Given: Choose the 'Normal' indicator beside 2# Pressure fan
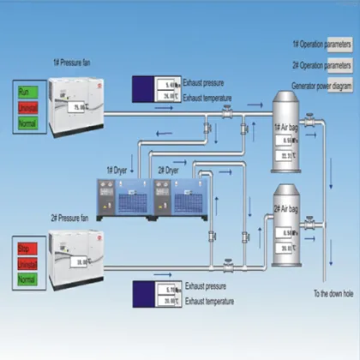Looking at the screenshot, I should pos(27,280).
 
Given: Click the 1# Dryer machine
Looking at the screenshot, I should pos(125,196).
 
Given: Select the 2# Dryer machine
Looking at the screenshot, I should pos(178,196).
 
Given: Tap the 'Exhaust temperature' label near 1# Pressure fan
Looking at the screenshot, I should pos(208,99).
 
